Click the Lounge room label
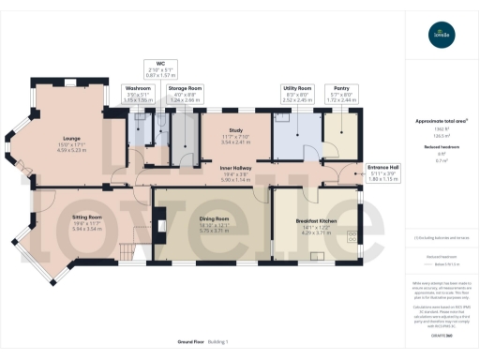[x=71, y=135]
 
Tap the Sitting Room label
[x=86, y=216]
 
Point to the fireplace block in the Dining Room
[x=161, y=225]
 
